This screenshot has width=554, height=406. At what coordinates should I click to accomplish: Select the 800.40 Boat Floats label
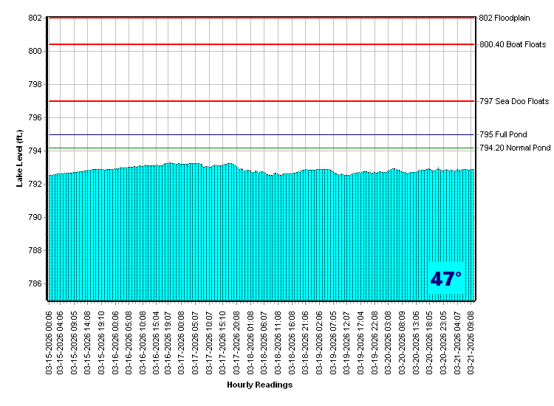tap(513, 45)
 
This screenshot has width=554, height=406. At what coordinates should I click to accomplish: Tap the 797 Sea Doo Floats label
tap(514, 101)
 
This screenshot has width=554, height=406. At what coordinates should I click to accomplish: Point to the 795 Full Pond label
tap(504, 135)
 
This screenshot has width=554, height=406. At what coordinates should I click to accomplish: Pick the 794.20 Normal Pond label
tap(515, 148)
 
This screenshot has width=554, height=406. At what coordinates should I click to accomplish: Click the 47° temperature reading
tap(446, 280)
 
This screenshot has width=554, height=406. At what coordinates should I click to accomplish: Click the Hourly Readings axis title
tap(259, 385)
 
